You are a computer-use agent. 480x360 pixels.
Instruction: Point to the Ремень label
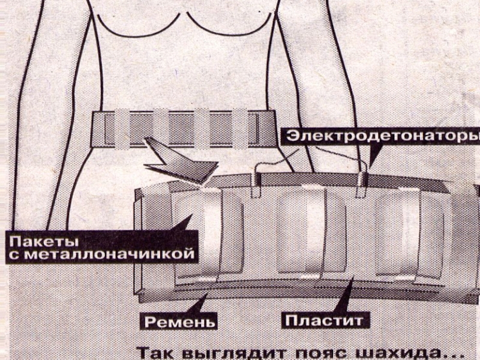coord(179,321)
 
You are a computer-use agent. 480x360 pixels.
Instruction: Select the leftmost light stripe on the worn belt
coord(123,128)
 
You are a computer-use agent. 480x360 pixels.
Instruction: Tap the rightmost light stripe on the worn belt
coord(240,128)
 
